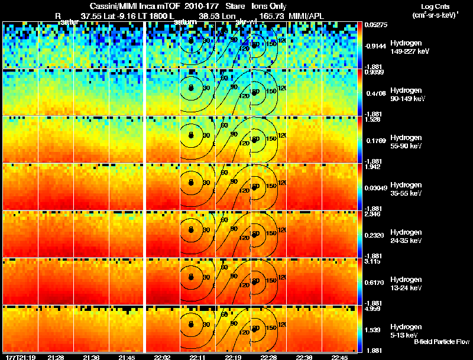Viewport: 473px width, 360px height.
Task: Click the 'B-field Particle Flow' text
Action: (441, 342)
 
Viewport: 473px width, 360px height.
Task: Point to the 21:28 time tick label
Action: (56, 357)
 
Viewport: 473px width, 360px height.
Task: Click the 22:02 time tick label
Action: (163, 357)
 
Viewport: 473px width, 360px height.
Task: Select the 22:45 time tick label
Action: (340, 357)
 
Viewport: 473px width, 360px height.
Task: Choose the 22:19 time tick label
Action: (232, 357)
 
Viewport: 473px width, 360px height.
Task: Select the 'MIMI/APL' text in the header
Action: (306, 15)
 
